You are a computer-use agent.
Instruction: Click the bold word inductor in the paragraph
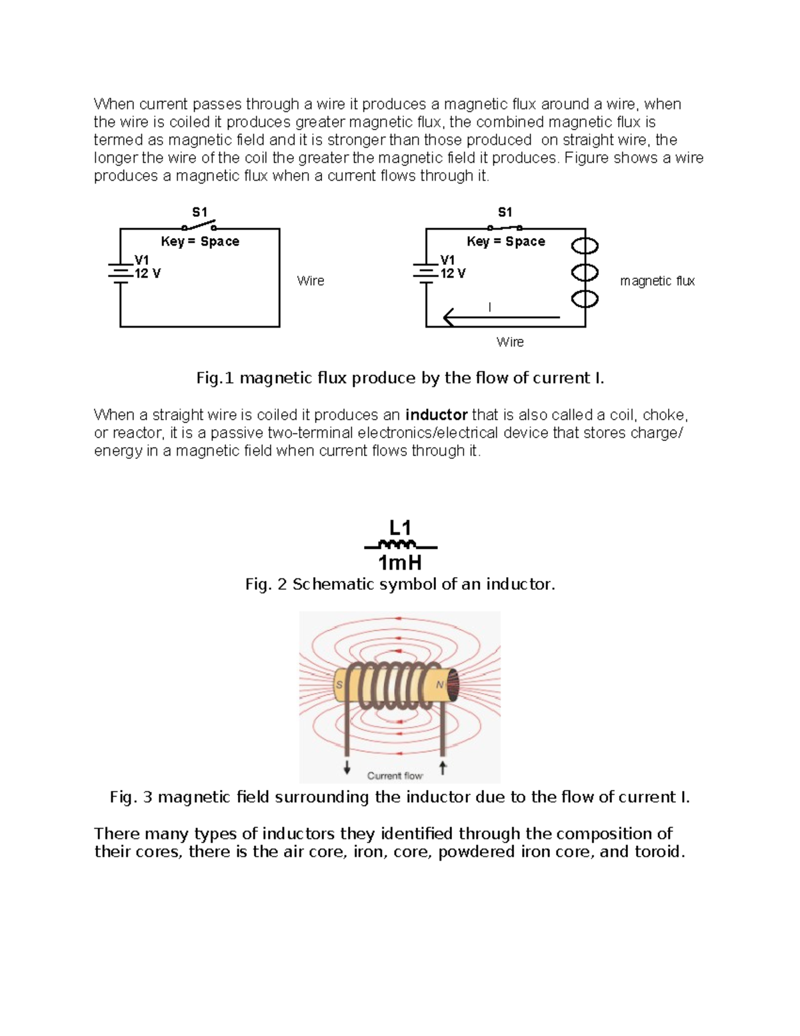(x=436, y=415)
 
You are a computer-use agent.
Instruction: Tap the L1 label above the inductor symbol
(x=400, y=528)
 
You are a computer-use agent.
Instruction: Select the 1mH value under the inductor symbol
(x=400, y=563)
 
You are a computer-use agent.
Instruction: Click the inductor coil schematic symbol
(x=398, y=544)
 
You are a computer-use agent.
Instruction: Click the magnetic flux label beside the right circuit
(x=657, y=281)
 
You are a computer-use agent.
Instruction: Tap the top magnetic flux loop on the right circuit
(x=585, y=246)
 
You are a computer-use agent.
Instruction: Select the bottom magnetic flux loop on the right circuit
(x=585, y=298)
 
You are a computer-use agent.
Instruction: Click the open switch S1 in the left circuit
(x=199, y=225)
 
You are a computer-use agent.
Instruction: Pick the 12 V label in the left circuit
(x=147, y=274)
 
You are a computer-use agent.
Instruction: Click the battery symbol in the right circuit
(x=425, y=273)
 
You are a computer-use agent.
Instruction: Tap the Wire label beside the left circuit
(x=311, y=281)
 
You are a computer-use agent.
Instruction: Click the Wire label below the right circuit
(x=510, y=342)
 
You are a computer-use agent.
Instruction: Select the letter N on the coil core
(x=440, y=685)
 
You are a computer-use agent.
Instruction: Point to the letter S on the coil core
(x=339, y=685)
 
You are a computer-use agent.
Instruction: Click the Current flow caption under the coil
(x=395, y=776)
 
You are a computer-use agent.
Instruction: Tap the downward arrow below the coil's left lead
(x=347, y=768)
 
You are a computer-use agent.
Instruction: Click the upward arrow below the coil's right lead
(x=443, y=768)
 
